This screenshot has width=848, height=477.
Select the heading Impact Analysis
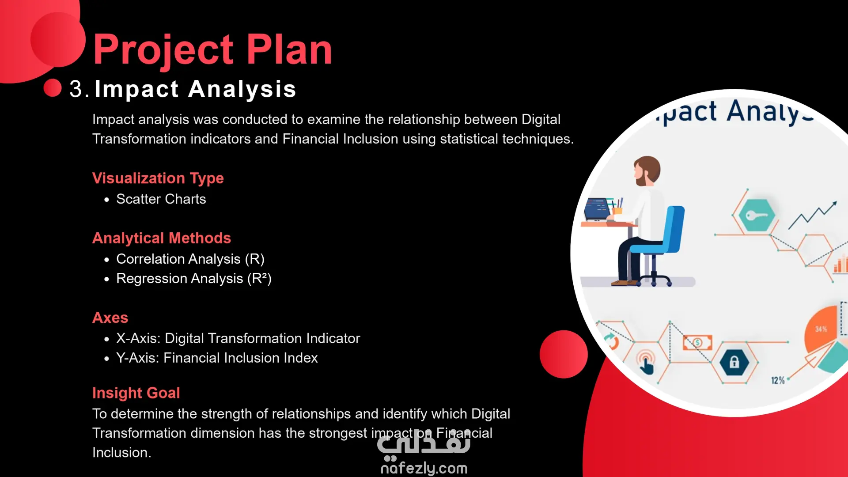tap(195, 89)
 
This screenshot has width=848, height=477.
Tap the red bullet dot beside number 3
tap(53, 87)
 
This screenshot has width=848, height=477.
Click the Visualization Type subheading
tap(158, 178)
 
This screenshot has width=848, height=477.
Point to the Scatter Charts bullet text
tap(161, 199)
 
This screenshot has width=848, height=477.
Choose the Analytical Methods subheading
tap(162, 238)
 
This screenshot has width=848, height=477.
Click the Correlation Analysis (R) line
tap(190, 259)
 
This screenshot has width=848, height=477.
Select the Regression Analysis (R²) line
tap(194, 279)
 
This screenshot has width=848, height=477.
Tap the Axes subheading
tap(110, 318)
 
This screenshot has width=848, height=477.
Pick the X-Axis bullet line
tap(238, 338)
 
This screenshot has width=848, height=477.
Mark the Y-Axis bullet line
tap(217, 358)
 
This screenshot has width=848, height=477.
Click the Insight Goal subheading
tap(136, 393)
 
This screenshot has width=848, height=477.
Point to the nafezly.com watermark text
tap(424, 468)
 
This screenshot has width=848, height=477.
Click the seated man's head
tap(647, 170)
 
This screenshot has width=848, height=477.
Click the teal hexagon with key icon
tap(757, 215)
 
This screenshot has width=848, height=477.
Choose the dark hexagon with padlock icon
tap(734, 362)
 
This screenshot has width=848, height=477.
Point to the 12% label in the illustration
tap(778, 380)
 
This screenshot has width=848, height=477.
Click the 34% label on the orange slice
tap(821, 329)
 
